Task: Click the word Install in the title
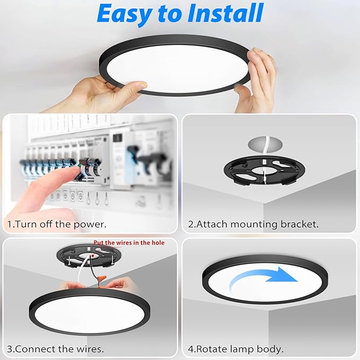pos(223,14)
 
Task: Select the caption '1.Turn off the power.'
pos(57,224)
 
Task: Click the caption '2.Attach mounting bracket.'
pos(253,224)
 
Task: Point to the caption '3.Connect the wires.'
pos(55,349)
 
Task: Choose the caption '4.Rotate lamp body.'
pos(236,349)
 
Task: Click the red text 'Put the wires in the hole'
pos(129,243)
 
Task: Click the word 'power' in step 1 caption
pos(87,224)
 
